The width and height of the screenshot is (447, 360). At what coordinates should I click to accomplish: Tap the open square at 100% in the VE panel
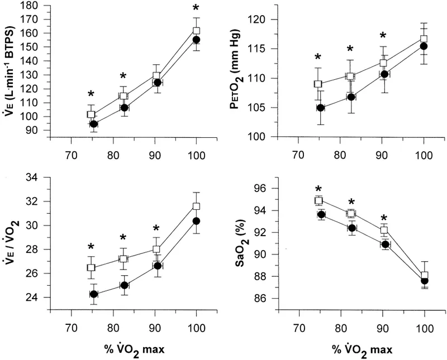196,31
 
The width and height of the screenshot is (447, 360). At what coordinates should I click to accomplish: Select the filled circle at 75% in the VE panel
94,124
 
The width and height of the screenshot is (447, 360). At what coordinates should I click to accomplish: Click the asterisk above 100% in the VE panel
196,8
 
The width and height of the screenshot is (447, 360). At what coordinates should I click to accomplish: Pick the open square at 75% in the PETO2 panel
318,84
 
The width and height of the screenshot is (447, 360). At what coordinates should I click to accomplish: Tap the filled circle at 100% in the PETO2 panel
424,46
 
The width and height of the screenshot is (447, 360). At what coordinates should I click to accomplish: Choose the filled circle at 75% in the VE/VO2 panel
94,294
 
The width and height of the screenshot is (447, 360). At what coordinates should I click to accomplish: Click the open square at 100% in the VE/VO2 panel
196,207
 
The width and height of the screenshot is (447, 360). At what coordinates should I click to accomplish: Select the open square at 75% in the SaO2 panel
318,200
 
